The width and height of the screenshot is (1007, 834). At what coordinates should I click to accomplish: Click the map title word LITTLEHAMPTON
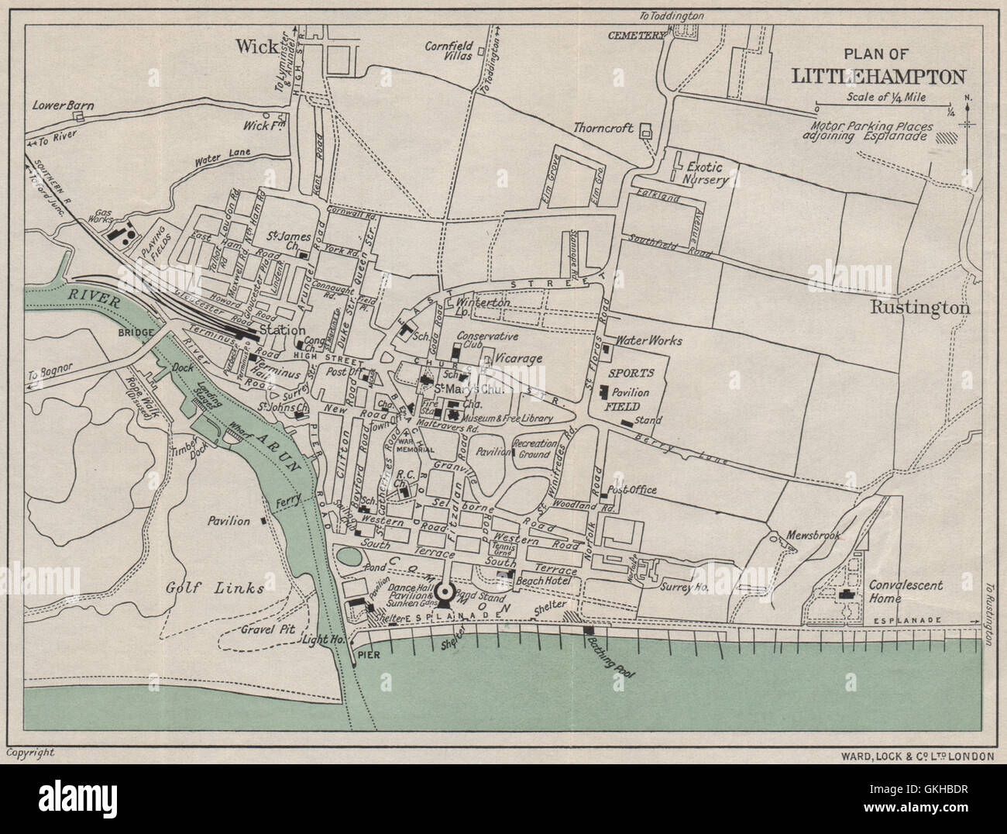(878, 76)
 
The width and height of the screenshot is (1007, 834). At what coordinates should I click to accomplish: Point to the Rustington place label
(919, 307)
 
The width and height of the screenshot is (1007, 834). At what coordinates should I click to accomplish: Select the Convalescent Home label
(904, 591)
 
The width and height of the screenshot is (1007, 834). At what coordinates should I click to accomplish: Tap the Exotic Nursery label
(703, 174)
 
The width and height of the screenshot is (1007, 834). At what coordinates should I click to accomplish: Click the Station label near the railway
(282, 331)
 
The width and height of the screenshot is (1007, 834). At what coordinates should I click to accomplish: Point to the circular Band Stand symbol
(445, 594)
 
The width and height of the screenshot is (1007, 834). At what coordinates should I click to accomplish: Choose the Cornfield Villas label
(449, 51)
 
